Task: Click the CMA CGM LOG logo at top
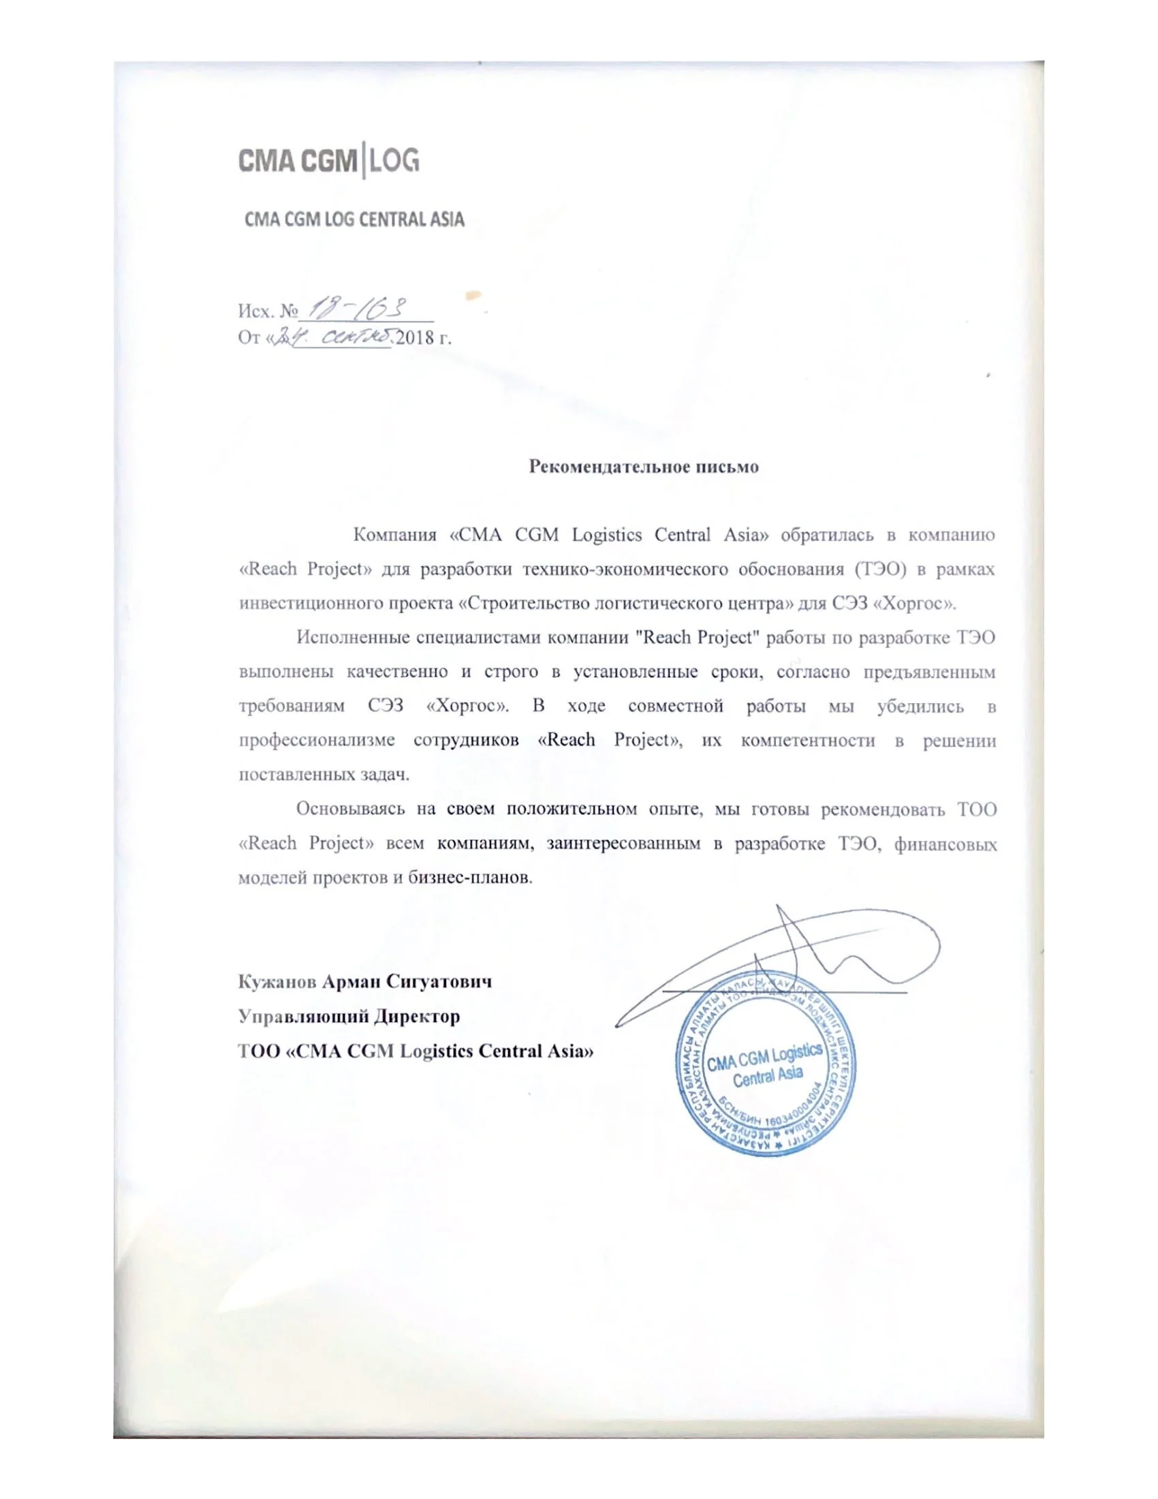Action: [x=328, y=161]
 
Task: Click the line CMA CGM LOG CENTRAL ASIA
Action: [x=355, y=219]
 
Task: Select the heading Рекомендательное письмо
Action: [x=644, y=467]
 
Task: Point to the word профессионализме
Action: [x=316, y=741]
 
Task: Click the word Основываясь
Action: [x=350, y=809]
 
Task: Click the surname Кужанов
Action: [x=277, y=981]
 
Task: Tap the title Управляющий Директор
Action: [x=349, y=1016]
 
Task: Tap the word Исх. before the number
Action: [x=256, y=311]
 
